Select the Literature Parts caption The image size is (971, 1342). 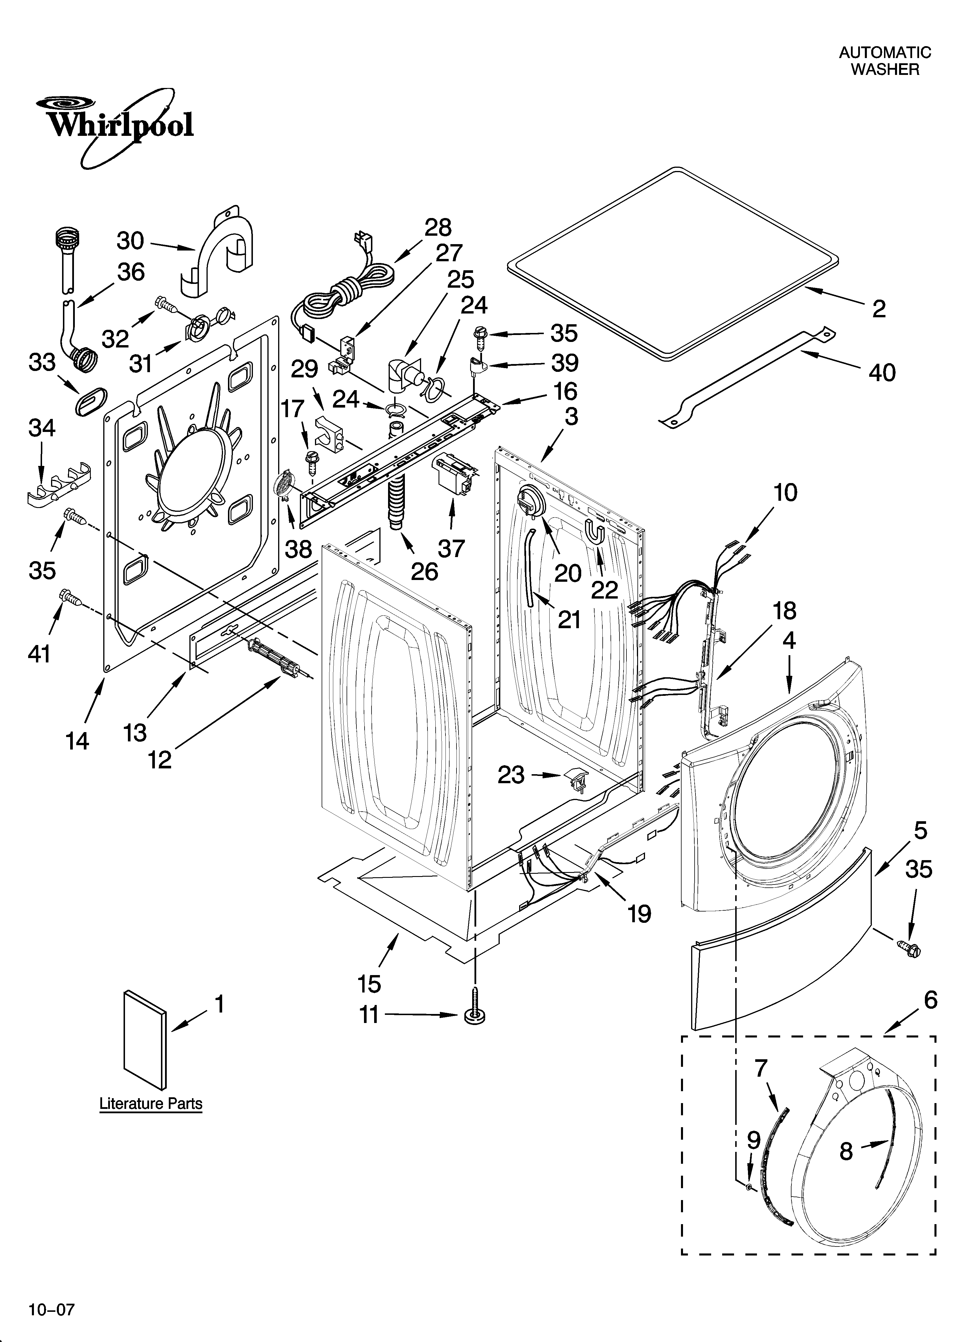(x=151, y=1104)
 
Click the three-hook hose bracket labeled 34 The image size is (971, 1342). (x=59, y=488)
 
